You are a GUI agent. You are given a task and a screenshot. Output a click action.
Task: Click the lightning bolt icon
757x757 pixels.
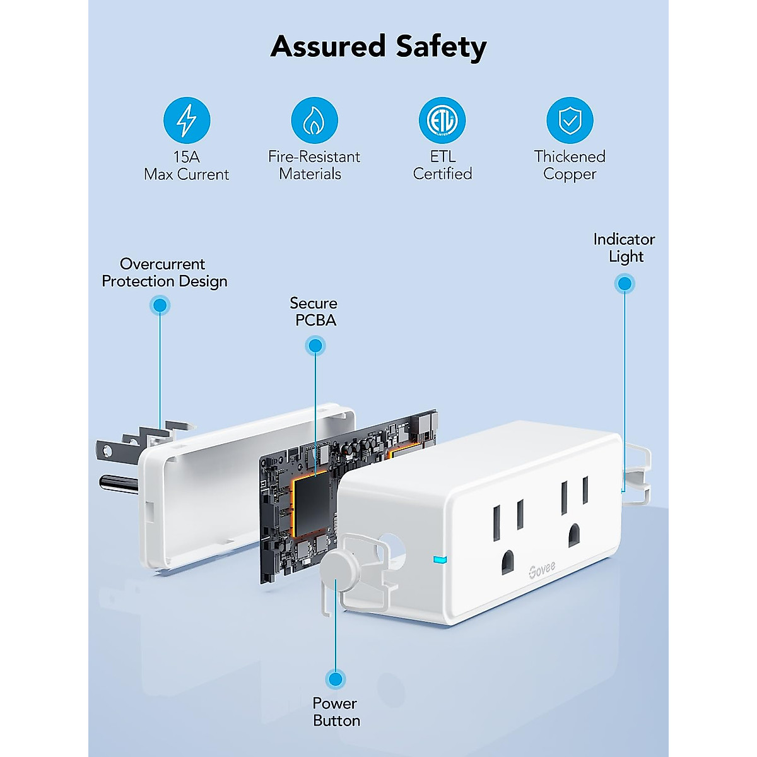186,120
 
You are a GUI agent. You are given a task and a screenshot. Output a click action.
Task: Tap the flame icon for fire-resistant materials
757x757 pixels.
314,120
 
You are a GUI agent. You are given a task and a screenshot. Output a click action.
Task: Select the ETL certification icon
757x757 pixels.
442,120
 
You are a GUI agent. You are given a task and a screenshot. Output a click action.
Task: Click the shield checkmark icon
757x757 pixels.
570,120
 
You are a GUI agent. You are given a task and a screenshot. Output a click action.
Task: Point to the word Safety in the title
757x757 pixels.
441,47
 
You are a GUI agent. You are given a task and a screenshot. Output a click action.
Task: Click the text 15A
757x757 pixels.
186,156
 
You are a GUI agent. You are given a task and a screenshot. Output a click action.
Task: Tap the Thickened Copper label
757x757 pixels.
570,165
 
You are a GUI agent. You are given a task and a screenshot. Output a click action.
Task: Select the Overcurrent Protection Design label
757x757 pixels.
164,273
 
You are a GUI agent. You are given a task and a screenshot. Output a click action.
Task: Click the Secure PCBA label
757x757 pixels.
314,312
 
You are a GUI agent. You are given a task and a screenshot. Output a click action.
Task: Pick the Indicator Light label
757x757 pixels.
624,248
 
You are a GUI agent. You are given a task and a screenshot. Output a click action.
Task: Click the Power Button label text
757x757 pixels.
336,712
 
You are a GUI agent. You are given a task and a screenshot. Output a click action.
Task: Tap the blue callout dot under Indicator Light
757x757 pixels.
625,284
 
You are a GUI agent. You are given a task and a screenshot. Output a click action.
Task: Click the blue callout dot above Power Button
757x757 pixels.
336,679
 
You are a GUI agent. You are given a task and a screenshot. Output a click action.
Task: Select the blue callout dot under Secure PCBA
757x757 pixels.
315,345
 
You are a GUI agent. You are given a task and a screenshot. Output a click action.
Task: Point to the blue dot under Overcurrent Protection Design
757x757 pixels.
160,305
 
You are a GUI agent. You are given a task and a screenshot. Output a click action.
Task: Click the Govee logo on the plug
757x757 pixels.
542,569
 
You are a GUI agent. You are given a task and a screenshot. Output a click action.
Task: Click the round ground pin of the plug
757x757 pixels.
118,484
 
